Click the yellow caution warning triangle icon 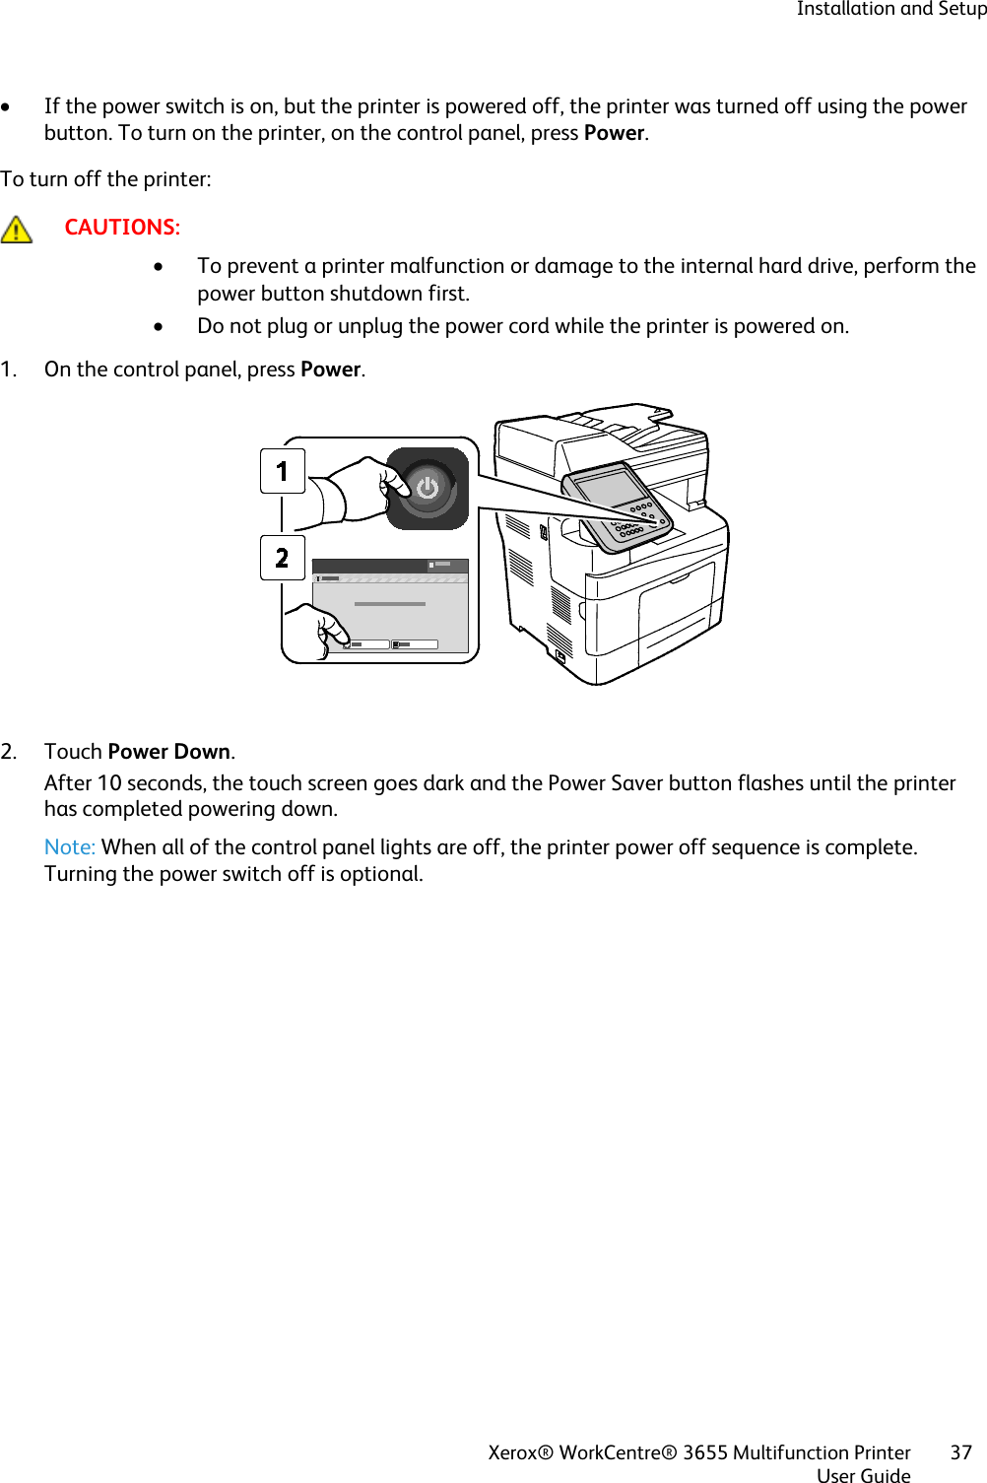(x=17, y=230)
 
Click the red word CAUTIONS (x=121, y=228)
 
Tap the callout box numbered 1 (x=282, y=471)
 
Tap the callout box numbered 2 (x=282, y=558)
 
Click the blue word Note (x=69, y=847)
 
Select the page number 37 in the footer (x=960, y=1452)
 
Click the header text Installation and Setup (x=890, y=10)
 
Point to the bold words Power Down (x=168, y=752)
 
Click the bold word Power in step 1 (x=330, y=370)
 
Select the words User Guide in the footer (x=863, y=1475)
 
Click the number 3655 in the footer (x=704, y=1452)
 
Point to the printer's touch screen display (x=609, y=489)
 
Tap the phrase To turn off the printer (x=104, y=179)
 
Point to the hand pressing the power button (x=364, y=491)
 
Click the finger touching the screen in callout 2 (x=325, y=631)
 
